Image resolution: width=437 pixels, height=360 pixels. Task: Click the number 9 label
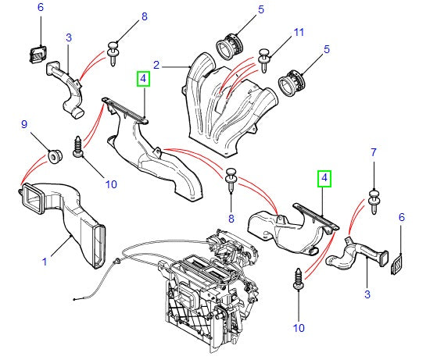[x=23, y=124]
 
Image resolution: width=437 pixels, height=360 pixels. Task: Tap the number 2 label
[x=156, y=65]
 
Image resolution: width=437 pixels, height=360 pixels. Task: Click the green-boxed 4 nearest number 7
[x=324, y=180]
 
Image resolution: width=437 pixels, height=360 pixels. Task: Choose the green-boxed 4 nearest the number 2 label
[x=143, y=78]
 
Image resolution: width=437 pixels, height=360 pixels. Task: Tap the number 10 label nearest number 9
[x=110, y=184]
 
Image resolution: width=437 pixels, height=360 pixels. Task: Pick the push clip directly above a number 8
[x=231, y=180]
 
